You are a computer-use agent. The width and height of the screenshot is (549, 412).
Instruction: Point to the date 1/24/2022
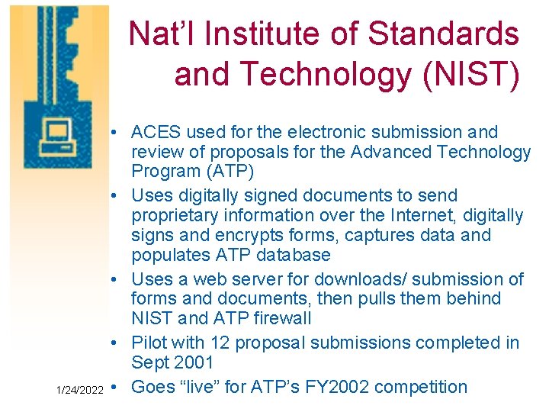coord(80,390)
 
